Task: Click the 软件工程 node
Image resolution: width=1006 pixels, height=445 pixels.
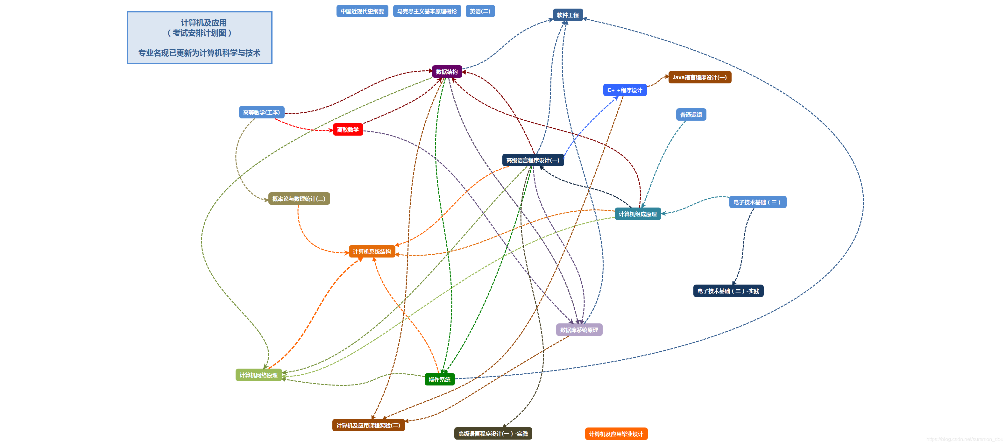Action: coord(567,15)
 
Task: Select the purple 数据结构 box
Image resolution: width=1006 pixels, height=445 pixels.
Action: coord(447,71)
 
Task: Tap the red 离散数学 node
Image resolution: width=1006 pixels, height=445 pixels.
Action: coord(348,130)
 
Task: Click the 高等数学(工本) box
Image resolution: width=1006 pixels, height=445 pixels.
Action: coord(261,112)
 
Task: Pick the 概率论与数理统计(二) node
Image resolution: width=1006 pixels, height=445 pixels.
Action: coord(299,199)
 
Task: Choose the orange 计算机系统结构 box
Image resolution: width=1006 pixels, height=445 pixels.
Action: coord(372,251)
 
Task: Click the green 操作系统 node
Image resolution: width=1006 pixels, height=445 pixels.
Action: coord(439,379)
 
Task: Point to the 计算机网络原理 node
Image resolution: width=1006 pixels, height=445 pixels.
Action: coord(259,375)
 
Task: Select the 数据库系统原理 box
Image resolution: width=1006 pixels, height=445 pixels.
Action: coord(579,330)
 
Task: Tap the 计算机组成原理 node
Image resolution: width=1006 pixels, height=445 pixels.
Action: coord(637,214)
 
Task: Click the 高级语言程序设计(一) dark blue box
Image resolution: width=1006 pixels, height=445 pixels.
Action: coord(533,160)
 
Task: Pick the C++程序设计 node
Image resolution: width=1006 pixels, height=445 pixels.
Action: coord(625,90)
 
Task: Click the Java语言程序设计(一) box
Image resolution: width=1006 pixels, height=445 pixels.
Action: coord(699,77)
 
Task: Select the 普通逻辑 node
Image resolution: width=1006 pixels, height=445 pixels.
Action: coord(691,114)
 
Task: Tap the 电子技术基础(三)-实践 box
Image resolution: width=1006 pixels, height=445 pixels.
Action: coord(728,291)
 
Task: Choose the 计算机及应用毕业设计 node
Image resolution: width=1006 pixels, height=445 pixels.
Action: coord(616,434)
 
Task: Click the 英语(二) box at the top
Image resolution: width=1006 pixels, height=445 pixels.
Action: coord(480,11)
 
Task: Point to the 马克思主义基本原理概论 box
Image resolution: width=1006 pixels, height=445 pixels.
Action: coord(427,11)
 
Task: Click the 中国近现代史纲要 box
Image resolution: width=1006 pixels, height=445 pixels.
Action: coord(362,11)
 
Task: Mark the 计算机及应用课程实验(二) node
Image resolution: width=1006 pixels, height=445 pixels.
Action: coord(368,425)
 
